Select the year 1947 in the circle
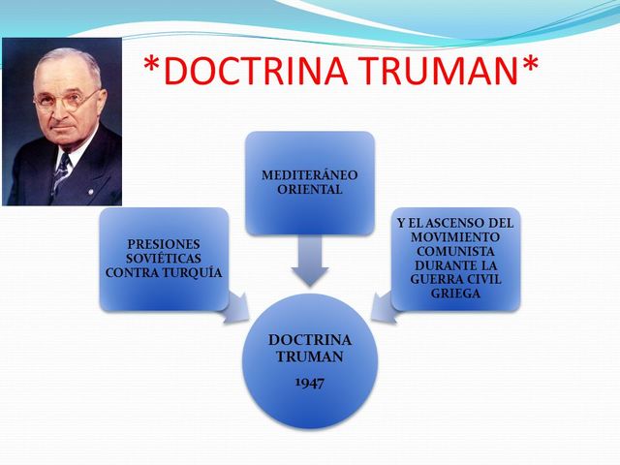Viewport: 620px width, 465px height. [x=310, y=384]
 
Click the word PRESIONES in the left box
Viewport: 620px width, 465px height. [x=164, y=244]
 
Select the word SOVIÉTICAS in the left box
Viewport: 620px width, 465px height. [x=164, y=259]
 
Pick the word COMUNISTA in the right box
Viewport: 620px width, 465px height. [x=455, y=251]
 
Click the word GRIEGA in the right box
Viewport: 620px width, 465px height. [x=455, y=294]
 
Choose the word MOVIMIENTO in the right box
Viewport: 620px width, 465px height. [x=455, y=237]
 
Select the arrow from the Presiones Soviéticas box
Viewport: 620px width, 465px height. [x=234, y=311]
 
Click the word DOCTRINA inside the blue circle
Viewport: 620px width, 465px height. [x=310, y=340]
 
